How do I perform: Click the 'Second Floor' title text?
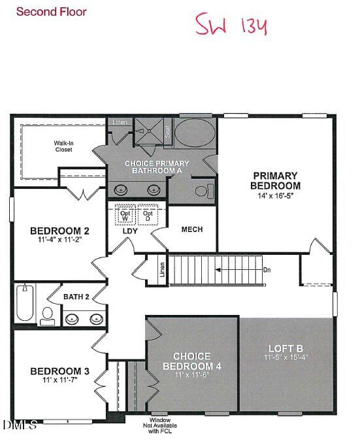[x=51, y=12]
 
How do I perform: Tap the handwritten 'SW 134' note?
[x=232, y=25]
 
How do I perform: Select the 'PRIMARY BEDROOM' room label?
[x=275, y=180]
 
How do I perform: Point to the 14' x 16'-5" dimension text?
[x=275, y=195]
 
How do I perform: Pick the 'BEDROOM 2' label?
[x=59, y=231]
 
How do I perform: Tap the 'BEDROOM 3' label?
[x=59, y=372]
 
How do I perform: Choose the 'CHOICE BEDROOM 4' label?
[x=191, y=361]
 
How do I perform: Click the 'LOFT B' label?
[x=286, y=348]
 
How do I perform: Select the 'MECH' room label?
[x=192, y=229]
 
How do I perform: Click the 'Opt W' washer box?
[x=125, y=215]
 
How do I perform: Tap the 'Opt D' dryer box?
[x=148, y=215]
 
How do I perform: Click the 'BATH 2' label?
[x=76, y=297]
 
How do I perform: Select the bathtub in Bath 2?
[x=24, y=303]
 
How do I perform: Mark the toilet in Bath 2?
[x=47, y=315]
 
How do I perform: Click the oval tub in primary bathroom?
[x=195, y=133]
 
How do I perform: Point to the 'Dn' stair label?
[x=267, y=269]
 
